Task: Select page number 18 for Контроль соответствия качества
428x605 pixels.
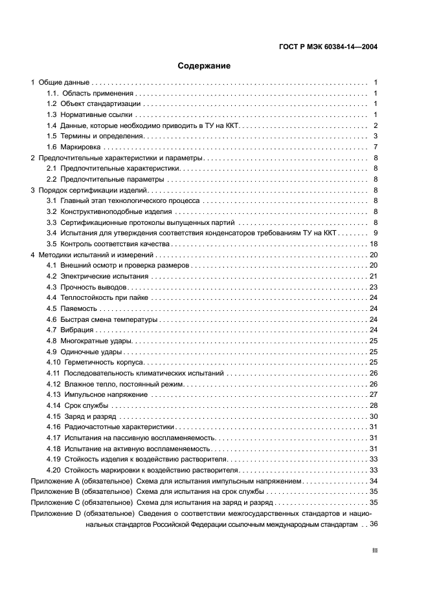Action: tap(373, 244)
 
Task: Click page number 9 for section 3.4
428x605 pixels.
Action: tap(375, 233)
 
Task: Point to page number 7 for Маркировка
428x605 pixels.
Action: tap(375, 147)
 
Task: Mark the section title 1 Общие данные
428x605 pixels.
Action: tap(60, 82)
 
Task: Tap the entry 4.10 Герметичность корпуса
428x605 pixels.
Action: tap(90, 363)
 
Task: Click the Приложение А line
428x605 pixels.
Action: tap(166, 482)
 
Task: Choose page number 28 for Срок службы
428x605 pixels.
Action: tap(373, 406)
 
